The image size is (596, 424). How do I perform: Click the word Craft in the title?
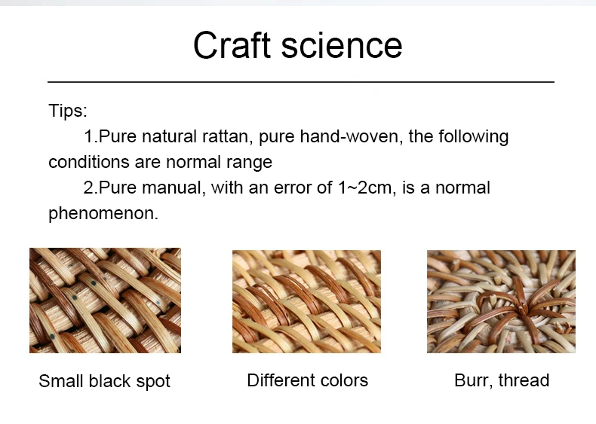click(232, 44)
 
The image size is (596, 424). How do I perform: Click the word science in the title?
click(342, 44)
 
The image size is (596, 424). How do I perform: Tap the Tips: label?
click(68, 111)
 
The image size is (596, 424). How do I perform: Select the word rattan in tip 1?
click(227, 136)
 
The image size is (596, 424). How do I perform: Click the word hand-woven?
click(352, 136)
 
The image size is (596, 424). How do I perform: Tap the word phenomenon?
click(103, 213)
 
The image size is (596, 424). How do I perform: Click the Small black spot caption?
click(105, 381)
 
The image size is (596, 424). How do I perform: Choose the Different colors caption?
click(308, 380)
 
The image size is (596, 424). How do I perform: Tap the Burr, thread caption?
click(502, 380)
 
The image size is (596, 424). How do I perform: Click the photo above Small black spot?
click(106, 300)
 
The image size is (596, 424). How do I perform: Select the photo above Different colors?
click(307, 302)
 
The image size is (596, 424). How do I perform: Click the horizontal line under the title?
click(301, 81)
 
